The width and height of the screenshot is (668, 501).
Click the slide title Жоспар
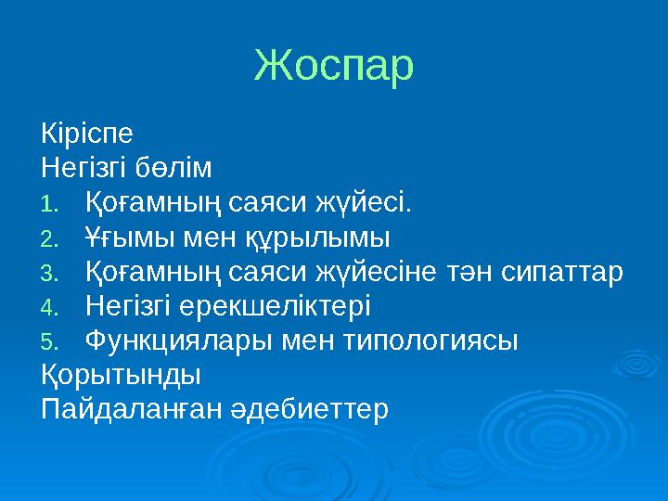coord(334,66)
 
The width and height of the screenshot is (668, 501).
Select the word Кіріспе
coord(87,133)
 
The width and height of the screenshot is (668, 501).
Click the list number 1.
coord(49,203)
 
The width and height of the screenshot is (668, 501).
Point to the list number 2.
coord(49,238)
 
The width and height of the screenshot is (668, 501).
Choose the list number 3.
coord(49,273)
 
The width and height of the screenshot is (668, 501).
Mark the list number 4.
coord(49,307)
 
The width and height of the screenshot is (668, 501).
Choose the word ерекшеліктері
coord(285,306)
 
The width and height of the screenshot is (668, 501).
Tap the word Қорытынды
coord(121,376)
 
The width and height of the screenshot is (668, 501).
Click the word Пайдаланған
coord(129,409)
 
